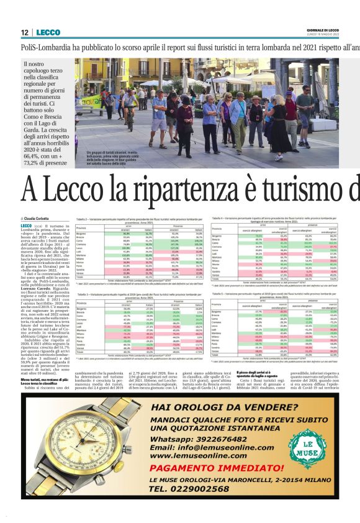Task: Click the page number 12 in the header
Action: (24, 32)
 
